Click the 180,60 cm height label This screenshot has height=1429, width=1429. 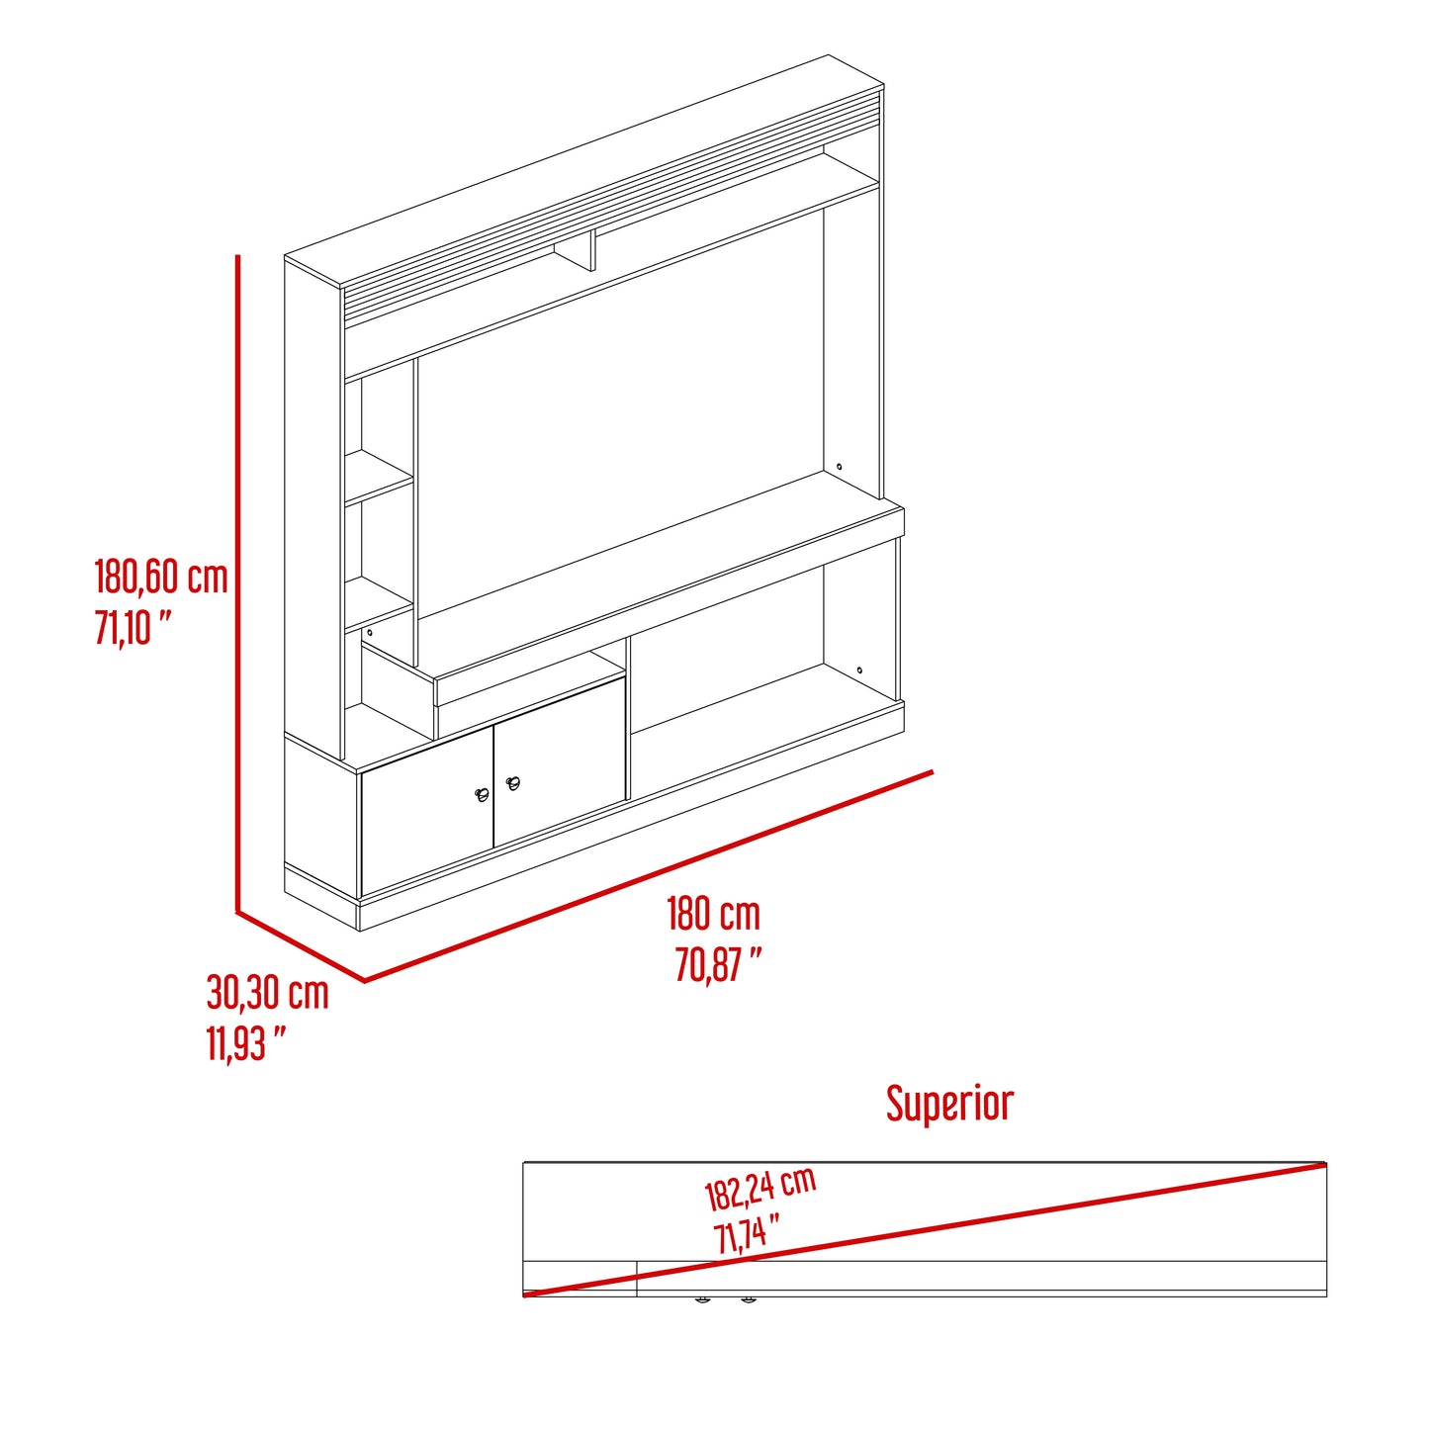click(161, 577)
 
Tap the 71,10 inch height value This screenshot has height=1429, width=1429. click(134, 628)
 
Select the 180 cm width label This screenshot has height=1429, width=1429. click(713, 914)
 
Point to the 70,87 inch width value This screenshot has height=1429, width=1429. click(719, 965)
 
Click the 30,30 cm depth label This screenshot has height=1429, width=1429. click(267, 994)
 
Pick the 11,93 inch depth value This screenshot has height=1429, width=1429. click(246, 1044)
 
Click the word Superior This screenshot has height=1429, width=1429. click(950, 1105)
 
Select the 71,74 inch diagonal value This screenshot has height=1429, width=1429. click(747, 1236)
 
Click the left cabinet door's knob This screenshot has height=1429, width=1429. click(482, 796)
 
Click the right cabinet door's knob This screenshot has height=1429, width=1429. click(512, 783)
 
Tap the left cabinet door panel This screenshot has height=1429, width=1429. click(427, 811)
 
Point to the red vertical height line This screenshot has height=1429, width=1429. click(238, 582)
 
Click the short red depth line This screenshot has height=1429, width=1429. click(301, 946)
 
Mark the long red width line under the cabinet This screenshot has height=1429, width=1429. click(648, 876)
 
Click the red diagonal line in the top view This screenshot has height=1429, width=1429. click(925, 1230)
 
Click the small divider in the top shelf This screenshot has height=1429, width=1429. click(575, 252)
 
